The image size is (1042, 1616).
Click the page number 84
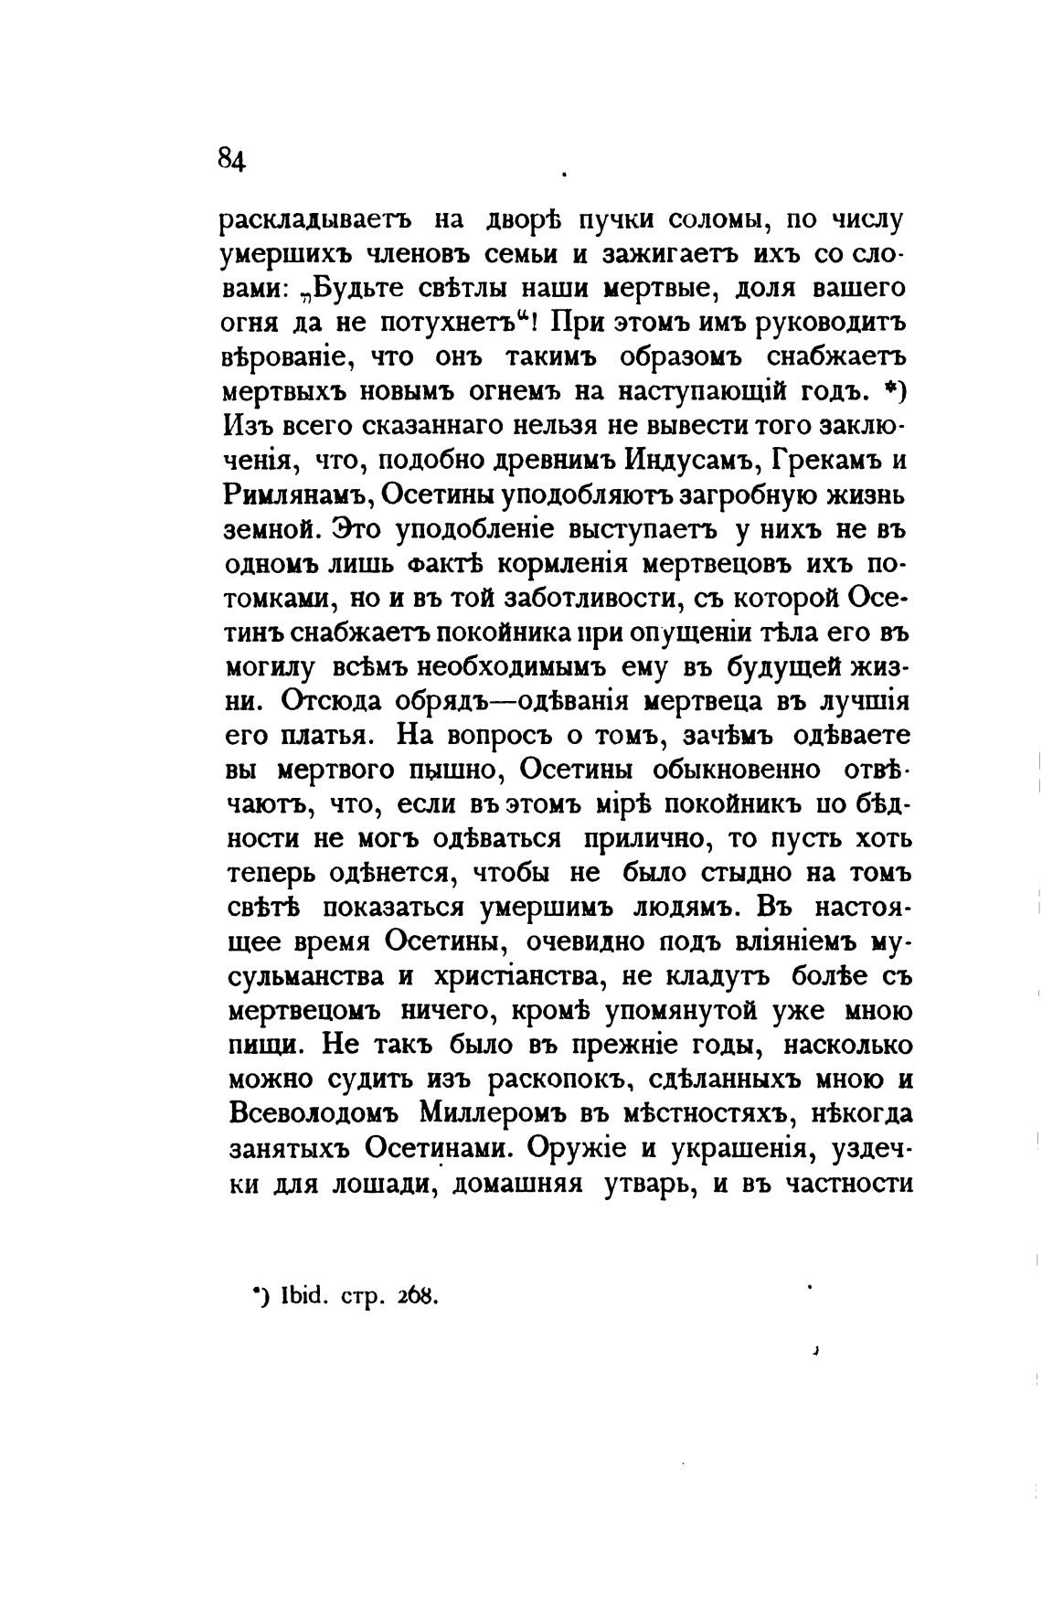tap(231, 160)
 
